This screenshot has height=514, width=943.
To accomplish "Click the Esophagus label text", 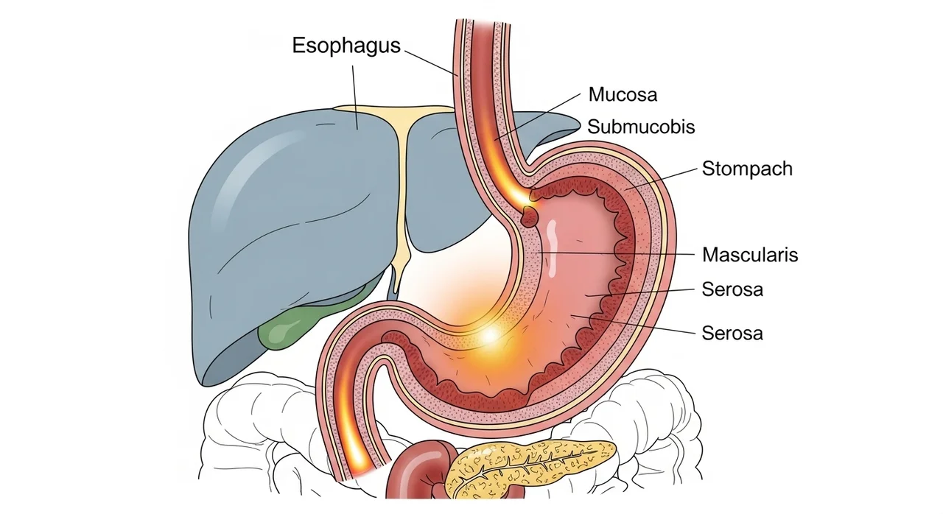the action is pyautogui.click(x=346, y=46).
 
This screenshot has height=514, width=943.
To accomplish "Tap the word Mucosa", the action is pyautogui.click(x=623, y=94).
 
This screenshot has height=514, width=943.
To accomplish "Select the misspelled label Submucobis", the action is pyautogui.click(x=641, y=127).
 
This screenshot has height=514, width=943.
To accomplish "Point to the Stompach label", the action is pyautogui.click(x=747, y=169).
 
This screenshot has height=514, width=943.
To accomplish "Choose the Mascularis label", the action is pyautogui.click(x=750, y=255).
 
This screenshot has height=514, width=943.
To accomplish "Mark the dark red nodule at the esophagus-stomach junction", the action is pyautogui.click(x=530, y=216).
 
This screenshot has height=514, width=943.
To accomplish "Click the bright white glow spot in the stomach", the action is pyautogui.click(x=490, y=335).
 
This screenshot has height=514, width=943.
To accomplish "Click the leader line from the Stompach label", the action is pyautogui.click(x=661, y=179).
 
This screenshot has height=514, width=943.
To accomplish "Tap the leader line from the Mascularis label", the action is pyautogui.click(x=614, y=253).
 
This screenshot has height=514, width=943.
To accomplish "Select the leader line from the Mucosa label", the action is pyautogui.click(x=538, y=116).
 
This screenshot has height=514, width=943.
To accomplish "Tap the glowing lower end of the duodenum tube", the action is pyautogui.click(x=358, y=459).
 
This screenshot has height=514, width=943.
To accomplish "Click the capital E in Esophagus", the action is pyautogui.click(x=298, y=45).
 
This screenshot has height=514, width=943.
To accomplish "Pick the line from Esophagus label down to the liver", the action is pyautogui.click(x=355, y=96).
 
